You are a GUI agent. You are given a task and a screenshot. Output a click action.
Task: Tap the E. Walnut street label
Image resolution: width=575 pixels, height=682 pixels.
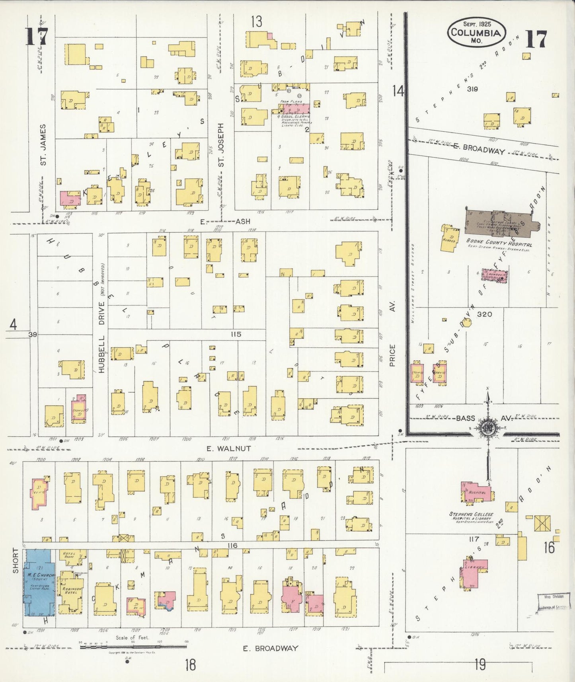click(228, 448)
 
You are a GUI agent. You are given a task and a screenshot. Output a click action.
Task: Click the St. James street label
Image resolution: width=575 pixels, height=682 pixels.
click(43, 144)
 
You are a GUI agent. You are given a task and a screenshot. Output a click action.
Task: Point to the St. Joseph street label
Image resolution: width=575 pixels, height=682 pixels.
click(221, 144)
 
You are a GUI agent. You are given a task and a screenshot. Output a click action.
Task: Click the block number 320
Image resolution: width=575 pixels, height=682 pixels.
click(484, 314)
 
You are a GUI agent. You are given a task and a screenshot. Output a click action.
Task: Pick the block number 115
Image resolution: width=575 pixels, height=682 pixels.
click(236, 334)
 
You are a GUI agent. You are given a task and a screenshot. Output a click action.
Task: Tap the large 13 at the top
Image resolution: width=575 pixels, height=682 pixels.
click(257, 22)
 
